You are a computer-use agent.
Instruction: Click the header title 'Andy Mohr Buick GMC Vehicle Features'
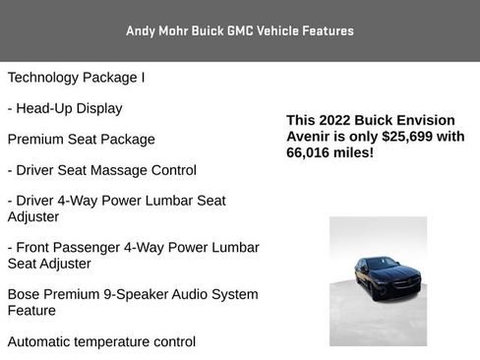pyautogui.click(x=240, y=30)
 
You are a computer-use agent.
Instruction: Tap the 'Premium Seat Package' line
pyautogui.click(x=81, y=139)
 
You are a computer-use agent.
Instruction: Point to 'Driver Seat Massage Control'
pyautogui.click(x=101, y=169)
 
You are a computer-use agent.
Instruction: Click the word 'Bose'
pyautogui.click(x=25, y=294)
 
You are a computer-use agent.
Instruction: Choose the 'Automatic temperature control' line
pyautogui.click(x=101, y=341)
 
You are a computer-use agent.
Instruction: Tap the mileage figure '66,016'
pyautogui.click(x=311, y=153)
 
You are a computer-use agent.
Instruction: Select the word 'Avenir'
pyautogui.click(x=311, y=137)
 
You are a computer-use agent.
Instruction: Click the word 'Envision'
pyautogui.click(x=432, y=120)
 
